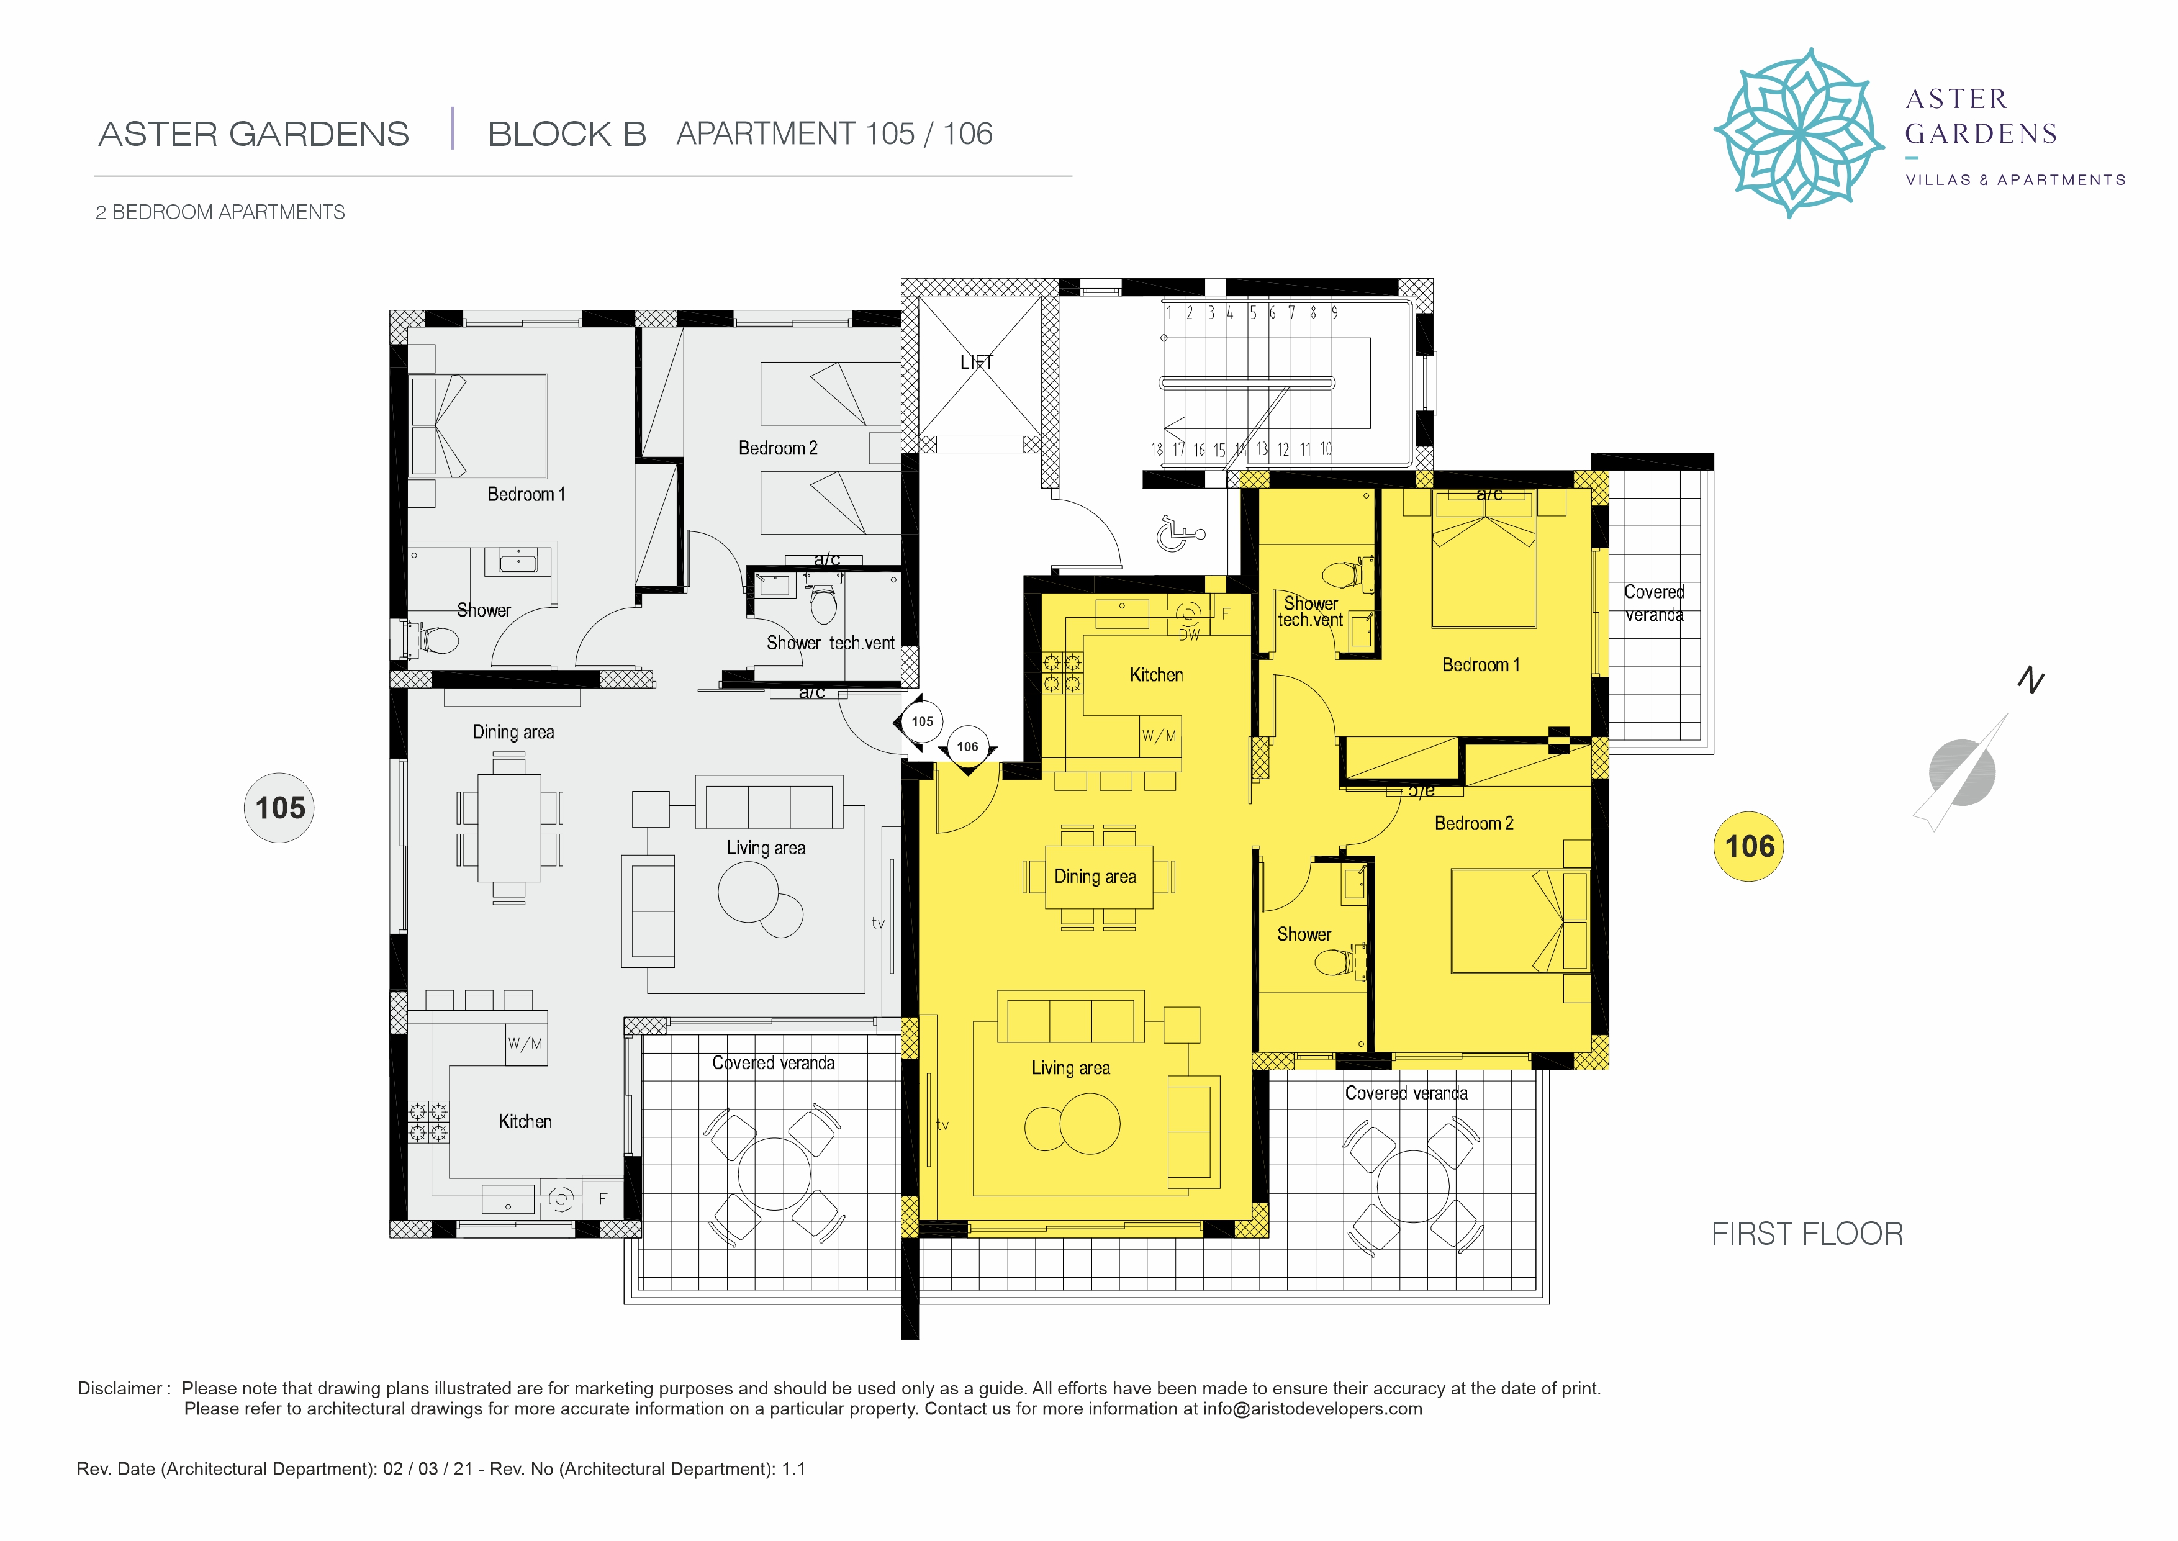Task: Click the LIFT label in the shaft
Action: pos(976,361)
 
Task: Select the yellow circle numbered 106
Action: pos(1748,846)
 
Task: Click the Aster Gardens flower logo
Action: pos(1797,133)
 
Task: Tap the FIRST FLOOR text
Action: pos(1807,1234)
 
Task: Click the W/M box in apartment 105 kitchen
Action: pos(525,1044)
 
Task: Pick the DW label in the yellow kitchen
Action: pos(1188,635)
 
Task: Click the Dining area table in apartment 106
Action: pos(1098,877)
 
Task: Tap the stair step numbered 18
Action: pos(1156,449)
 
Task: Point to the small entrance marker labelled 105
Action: pos(922,721)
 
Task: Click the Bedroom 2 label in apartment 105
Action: pos(778,448)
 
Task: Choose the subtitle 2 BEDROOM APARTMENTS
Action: pos(220,212)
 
